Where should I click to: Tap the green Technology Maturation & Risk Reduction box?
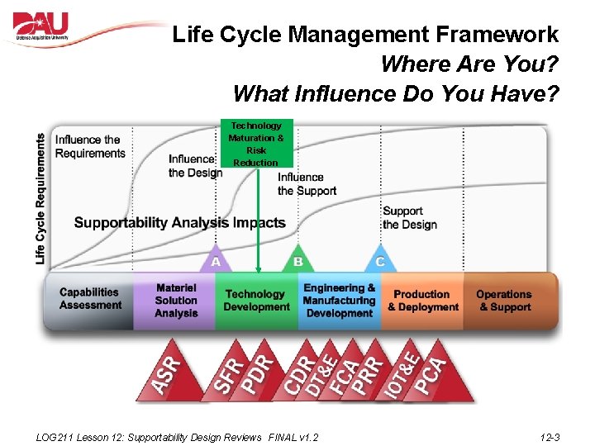[x=256, y=144]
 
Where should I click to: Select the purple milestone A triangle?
[x=215, y=259]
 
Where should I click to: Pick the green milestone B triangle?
[x=297, y=259]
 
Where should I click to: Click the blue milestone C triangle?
[x=380, y=259]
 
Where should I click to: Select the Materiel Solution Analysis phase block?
[x=175, y=301]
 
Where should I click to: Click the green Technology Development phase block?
[x=256, y=301]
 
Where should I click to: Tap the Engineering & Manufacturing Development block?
[x=339, y=301]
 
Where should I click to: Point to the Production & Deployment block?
[x=422, y=301]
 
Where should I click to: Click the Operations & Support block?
[x=504, y=301]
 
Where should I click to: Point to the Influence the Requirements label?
[x=90, y=146]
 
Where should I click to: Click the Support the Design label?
[x=409, y=218]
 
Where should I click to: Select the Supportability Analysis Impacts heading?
[x=179, y=223]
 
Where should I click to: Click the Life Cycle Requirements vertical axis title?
[x=40, y=199]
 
